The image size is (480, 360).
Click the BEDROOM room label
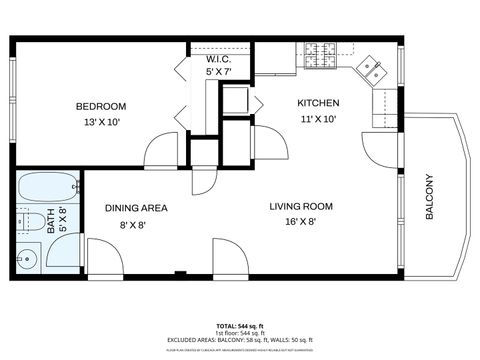coord(101,107)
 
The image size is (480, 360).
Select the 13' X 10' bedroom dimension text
coord(101,122)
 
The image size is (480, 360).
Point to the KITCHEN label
coord(318,103)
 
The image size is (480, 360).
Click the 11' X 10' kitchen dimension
coord(318,118)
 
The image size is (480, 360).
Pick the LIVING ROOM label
coord(300,207)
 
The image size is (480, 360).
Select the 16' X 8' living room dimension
coord(300,222)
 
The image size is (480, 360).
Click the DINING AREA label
coord(136,208)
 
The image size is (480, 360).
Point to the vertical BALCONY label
coord(430,197)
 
